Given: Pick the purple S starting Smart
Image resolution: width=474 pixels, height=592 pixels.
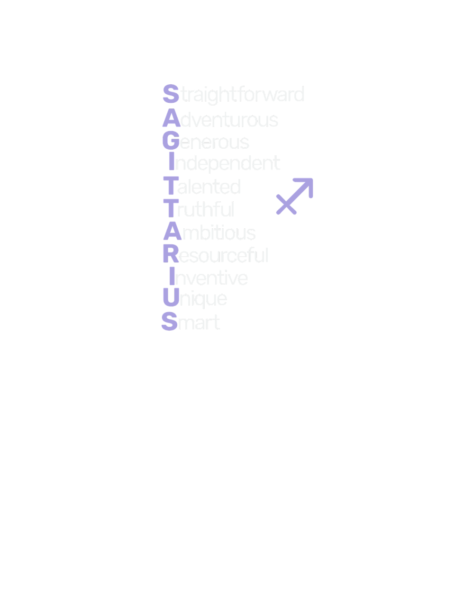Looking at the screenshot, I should pyautogui.click(x=169, y=322).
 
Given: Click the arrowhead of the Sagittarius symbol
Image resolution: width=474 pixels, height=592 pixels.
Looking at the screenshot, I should pyautogui.click(x=306, y=185).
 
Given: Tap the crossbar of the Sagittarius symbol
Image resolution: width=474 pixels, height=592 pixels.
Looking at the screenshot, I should pyautogui.click(x=286, y=204).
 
